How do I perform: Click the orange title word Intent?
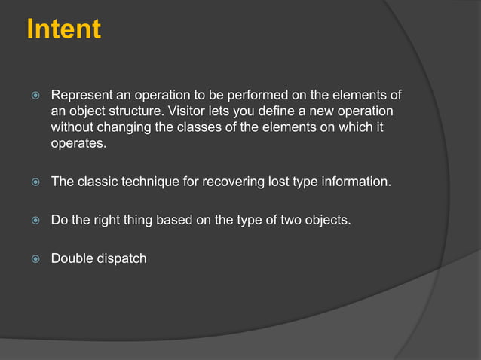pyautogui.click(x=63, y=29)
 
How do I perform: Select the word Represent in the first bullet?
pyautogui.click(x=81, y=96)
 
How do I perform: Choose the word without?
pyautogui.click(x=74, y=127)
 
